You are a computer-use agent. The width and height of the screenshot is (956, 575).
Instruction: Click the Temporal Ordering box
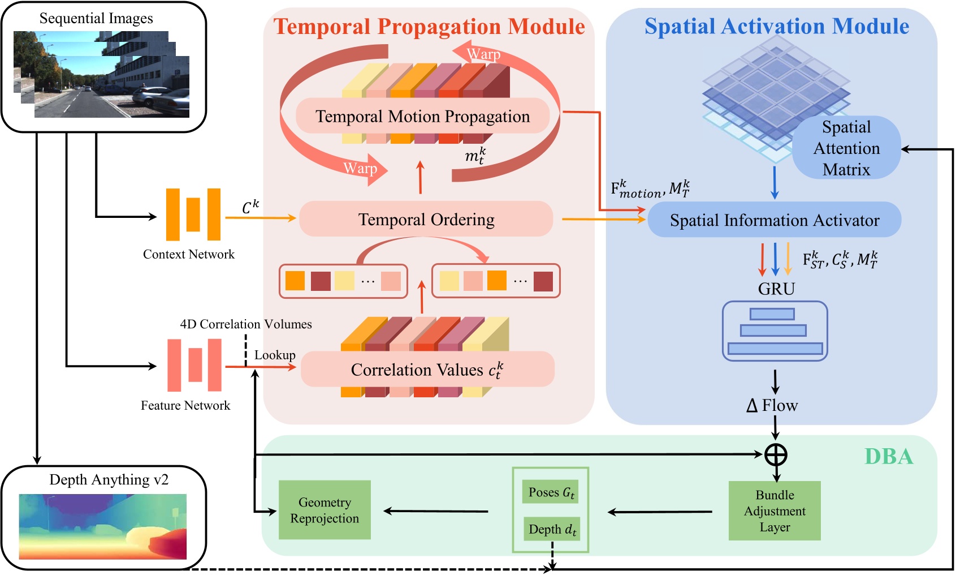[x=426, y=219]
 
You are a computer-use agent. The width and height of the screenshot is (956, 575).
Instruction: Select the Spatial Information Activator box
[x=774, y=220]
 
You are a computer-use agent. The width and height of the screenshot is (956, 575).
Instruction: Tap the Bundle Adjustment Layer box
[x=774, y=510]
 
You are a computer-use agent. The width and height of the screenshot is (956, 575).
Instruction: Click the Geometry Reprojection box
[x=325, y=510]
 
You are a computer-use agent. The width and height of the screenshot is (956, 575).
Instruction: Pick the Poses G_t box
[x=551, y=492]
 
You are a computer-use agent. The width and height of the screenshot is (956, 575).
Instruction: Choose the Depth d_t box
[x=552, y=529]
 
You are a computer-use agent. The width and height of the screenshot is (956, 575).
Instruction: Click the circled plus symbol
[x=776, y=454]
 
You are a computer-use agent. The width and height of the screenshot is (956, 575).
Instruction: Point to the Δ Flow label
[x=772, y=405]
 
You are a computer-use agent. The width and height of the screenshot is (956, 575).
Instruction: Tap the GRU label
[x=776, y=289]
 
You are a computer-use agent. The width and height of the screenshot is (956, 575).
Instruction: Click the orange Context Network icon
[x=193, y=214]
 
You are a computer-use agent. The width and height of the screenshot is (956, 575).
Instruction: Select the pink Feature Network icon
[x=194, y=365]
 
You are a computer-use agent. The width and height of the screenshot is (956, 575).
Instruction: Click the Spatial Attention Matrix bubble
[x=846, y=148]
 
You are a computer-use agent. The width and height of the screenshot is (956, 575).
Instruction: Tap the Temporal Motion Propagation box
[x=422, y=116]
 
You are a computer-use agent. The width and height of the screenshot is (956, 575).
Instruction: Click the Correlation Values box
[x=427, y=370]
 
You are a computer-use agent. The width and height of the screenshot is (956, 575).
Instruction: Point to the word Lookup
[x=275, y=355]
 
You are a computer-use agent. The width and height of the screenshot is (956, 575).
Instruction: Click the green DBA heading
[x=888, y=456]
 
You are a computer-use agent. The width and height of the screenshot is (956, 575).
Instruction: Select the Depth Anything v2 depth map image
[x=103, y=526]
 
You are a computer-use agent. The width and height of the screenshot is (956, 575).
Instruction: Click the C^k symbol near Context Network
[x=250, y=207]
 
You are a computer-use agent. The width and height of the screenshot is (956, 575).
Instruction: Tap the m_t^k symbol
[x=475, y=155]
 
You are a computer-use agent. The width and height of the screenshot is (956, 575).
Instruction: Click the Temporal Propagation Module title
[x=429, y=27]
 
